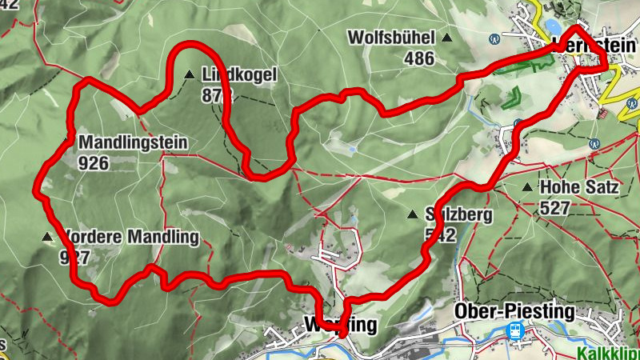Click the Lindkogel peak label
pos(239,75)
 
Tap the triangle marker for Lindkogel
pos(189,75)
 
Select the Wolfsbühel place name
pos(391,38)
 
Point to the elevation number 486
pos(419,58)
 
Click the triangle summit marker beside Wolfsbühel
pos(447,38)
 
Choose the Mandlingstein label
pos(133,144)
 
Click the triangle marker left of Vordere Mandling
pos(46,237)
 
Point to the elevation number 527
pos(554,209)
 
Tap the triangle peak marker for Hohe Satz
pos(526,188)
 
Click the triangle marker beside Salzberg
pos(413,214)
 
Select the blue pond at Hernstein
pos(552,26)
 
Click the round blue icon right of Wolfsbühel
pos(495,38)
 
